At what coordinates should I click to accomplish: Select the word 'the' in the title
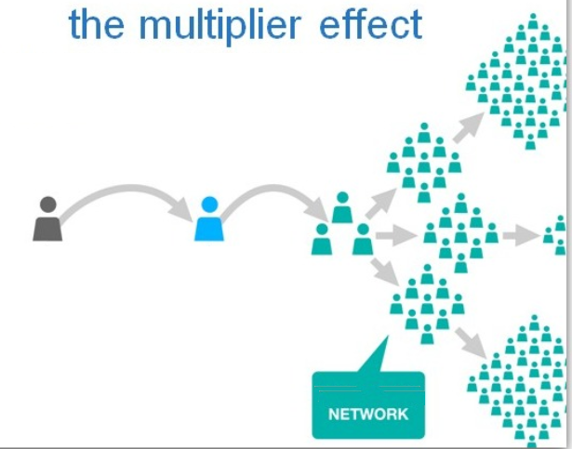point(96,24)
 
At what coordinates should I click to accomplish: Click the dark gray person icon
point(47,219)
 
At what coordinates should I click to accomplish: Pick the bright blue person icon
point(209,219)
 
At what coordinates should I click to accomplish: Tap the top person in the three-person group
point(342,207)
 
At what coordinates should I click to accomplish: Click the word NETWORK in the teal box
point(368,413)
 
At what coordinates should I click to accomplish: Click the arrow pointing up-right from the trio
point(380,200)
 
